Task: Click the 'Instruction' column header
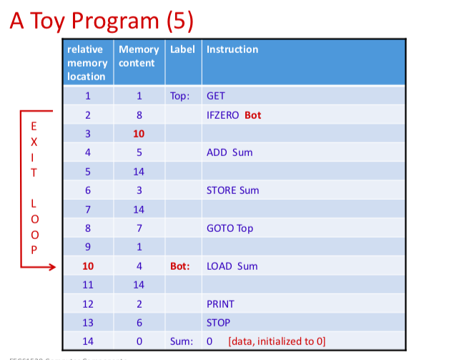(x=232, y=49)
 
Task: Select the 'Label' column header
(x=183, y=49)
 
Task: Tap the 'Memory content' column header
(x=139, y=56)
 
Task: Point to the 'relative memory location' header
(x=87, y=62)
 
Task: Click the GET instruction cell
(x=216, y=95)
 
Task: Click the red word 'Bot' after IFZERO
(x=252, y=115)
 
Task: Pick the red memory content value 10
(x=139, y=134)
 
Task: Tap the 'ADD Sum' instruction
(x=229, y=152)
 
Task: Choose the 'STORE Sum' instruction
(x=232, y=190)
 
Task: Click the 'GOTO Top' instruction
(x=230, y=228)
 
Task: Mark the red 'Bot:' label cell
(x=180, y=266)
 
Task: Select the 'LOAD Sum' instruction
(x=232, y=266)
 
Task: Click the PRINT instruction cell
(x=220, y=304)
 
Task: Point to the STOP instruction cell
(x=218, y=323)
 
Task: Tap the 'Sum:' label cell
(x=181, y=341)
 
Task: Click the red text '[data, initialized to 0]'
(x=277, y=341)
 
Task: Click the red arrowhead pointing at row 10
(x=51, y=267)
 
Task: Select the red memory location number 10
(x=87, y=266)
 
